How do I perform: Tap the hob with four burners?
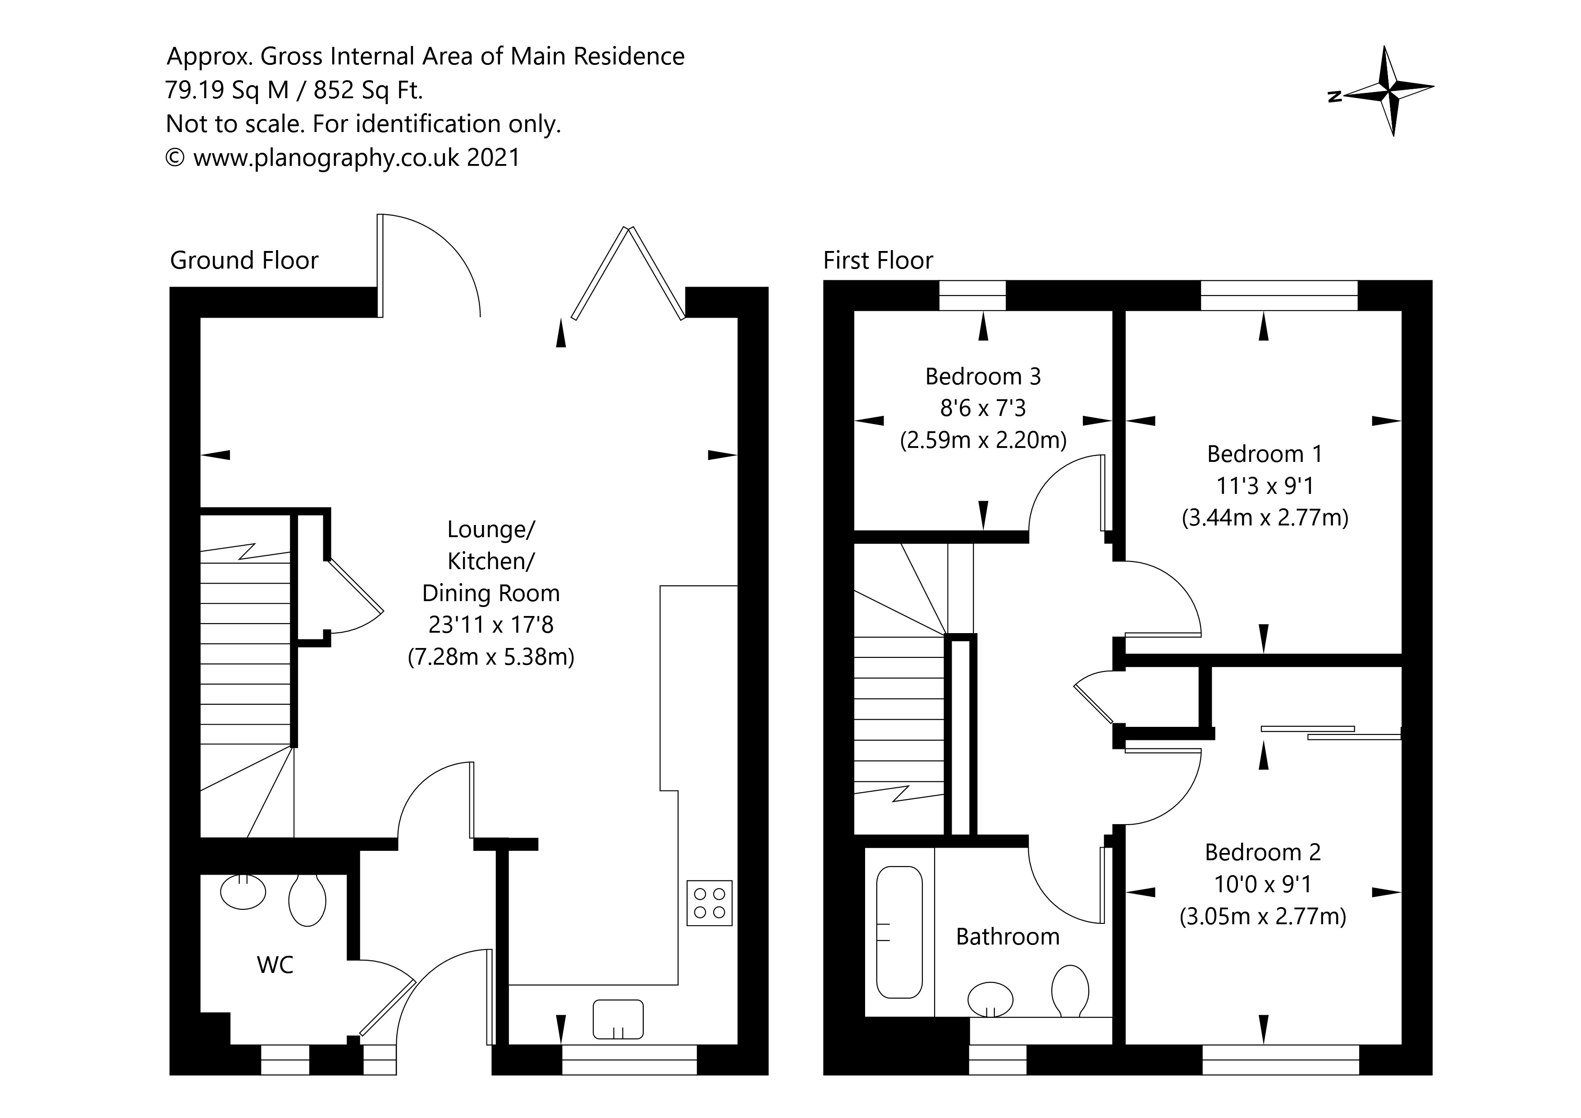709,903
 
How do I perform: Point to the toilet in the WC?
307,900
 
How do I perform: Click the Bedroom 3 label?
983,377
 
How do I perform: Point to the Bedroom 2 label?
1263,852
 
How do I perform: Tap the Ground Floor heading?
244,260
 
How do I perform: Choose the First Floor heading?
878,260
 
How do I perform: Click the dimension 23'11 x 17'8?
490,625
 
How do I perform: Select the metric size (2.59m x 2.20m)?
983,440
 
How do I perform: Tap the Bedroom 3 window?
972,295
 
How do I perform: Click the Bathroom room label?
1008,936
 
